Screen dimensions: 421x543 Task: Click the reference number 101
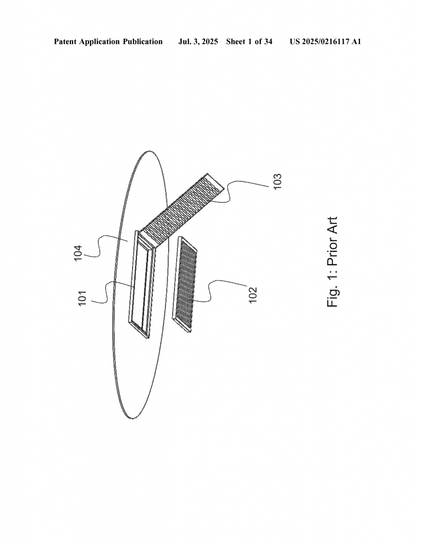pyautogui.click(x=82, y=299)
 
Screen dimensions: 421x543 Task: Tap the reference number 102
pyautogui.click(x=253, y=295)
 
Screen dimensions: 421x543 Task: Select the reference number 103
pyautogui.click(x=277, y=181)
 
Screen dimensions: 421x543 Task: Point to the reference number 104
pyautogui.click(x=78, y=253)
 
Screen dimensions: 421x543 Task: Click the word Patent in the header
pyautogui.click(x=65, y=42)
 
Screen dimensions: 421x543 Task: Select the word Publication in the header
pyautogui.click(x=143, y=42)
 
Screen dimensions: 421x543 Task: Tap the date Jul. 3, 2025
pyautogui.click(x=198, y=42)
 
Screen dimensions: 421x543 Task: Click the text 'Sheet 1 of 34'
pyautogui.click(x=249, y=42)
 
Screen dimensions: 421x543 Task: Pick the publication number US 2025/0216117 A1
pyautogui.click(x=326, y=42)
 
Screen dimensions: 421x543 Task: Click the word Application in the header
pyautogui.click(x=100, y=42)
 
